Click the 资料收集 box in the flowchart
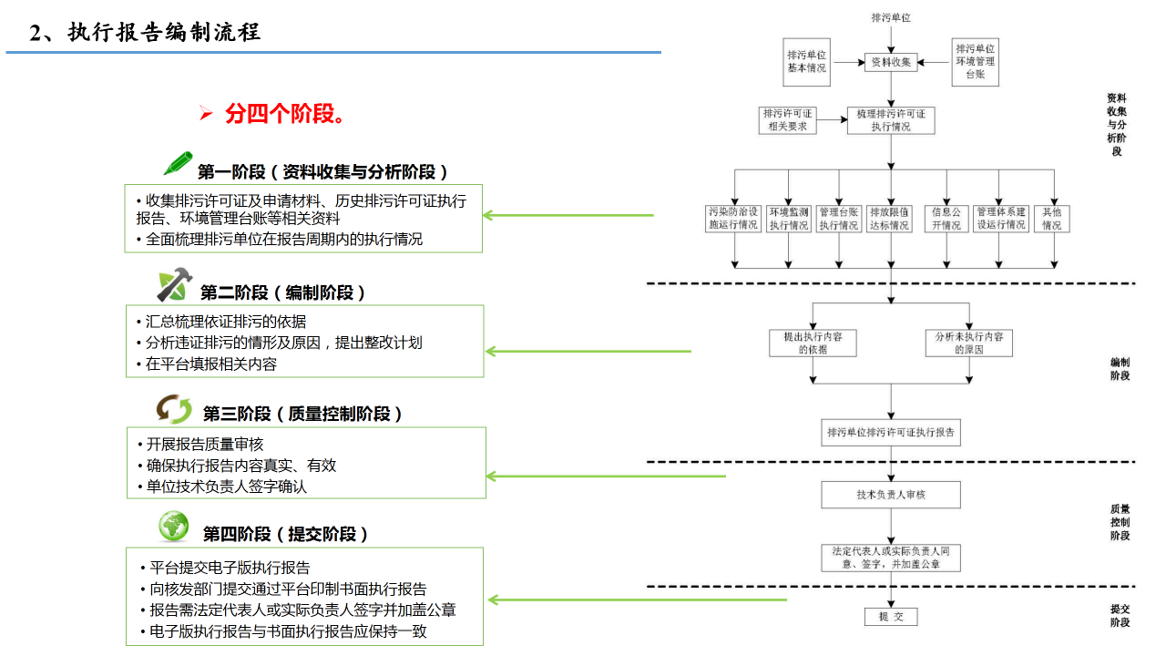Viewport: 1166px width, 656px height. (891, 62)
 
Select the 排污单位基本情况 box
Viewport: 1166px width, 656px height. (807, 62)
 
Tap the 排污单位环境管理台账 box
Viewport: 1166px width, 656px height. (976, 62)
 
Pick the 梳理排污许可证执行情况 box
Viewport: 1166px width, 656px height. (891, 120)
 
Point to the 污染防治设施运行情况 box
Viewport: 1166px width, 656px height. (734, 219)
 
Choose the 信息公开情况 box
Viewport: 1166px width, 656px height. (946, 219)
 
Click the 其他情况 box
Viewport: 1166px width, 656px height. (1052, 219)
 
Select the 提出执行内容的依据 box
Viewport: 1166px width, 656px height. (813, 343)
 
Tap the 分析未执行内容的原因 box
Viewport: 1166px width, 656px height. (968, 343)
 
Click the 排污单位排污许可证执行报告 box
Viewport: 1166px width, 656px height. (891, 432)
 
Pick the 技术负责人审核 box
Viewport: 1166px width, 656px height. (891, 495)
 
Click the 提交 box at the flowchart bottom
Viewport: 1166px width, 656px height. (891, 617)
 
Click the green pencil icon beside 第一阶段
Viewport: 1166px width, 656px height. (179, 164)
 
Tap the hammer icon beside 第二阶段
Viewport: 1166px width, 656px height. (174, 285)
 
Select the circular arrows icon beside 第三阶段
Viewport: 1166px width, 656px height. (174, 409)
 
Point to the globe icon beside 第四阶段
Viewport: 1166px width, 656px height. (174, 526)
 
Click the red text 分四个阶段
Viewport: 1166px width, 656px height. (284, 115)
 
